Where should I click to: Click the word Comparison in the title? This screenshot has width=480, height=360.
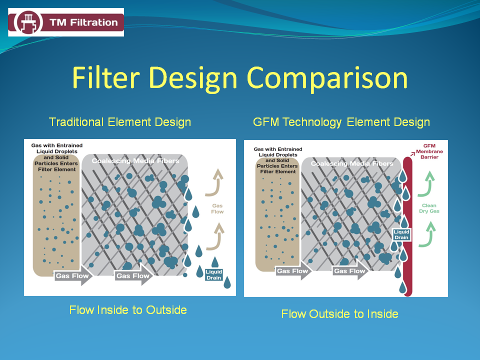pyautogui.click(x=327, y=78)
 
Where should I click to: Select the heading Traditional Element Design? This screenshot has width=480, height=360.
pyautogui.click(x=120, y=122)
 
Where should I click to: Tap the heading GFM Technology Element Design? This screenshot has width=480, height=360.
pyautogui.click(x=341, y=122)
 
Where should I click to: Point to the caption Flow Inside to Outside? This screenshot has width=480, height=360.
pyautogui.click(x=128, y=310)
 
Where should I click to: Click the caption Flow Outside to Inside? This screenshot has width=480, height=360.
pyautogui.click(x=340, y=314)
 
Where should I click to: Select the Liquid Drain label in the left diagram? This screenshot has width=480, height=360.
pyautogui.click(x=213, y=274)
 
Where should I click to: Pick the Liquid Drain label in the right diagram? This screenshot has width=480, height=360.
pyautogui.click(x=401, y=234)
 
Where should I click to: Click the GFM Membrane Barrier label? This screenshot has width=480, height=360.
pyautogui.click(x=429, y=151)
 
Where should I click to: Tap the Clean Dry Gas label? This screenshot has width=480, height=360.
pyautogui.click(x=429, y=208)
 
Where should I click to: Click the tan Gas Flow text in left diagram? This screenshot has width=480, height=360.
pyautogui.click(x=217, y=208)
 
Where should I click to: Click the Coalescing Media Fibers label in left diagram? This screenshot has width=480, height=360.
pyautogui.click(x=135, y=160)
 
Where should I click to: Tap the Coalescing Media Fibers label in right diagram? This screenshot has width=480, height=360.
pyautogui.click(x=352, y=163)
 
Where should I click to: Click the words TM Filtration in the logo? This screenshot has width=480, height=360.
pyautogui.click(x=83, y=22)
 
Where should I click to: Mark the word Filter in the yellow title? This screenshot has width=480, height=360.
pyautogui.click(x=106, y=78)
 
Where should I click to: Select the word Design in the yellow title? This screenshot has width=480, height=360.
pyautogui.click(x=193, y=79)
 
